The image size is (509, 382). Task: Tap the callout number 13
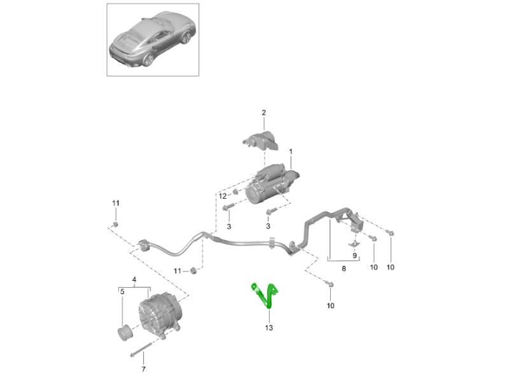[x=268, y=328]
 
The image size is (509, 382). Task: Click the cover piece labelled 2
[x=261, y=140]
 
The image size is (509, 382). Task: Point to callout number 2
[x=263, y=113]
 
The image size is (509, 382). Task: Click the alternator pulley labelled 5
[x=124, y=332]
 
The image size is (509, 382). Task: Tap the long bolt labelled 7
[x=141, y=350]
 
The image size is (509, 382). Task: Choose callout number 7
[x=144, y=369]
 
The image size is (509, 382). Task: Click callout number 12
[x=222, y=196]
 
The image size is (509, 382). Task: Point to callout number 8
[x=344, y=269]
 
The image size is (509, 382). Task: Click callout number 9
[x=354, y=256]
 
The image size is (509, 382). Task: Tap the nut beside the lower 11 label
[x=193, y=270]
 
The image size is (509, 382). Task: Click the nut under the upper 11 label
[x=115, y=225]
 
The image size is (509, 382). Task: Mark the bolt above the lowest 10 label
[x=330, y=284]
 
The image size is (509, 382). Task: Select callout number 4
[x=134, y=279]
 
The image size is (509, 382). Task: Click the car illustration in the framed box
[x=153, y=39]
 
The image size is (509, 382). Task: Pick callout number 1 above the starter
[x=291, y=152]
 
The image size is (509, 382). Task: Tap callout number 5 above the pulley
[x=122, y=292]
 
